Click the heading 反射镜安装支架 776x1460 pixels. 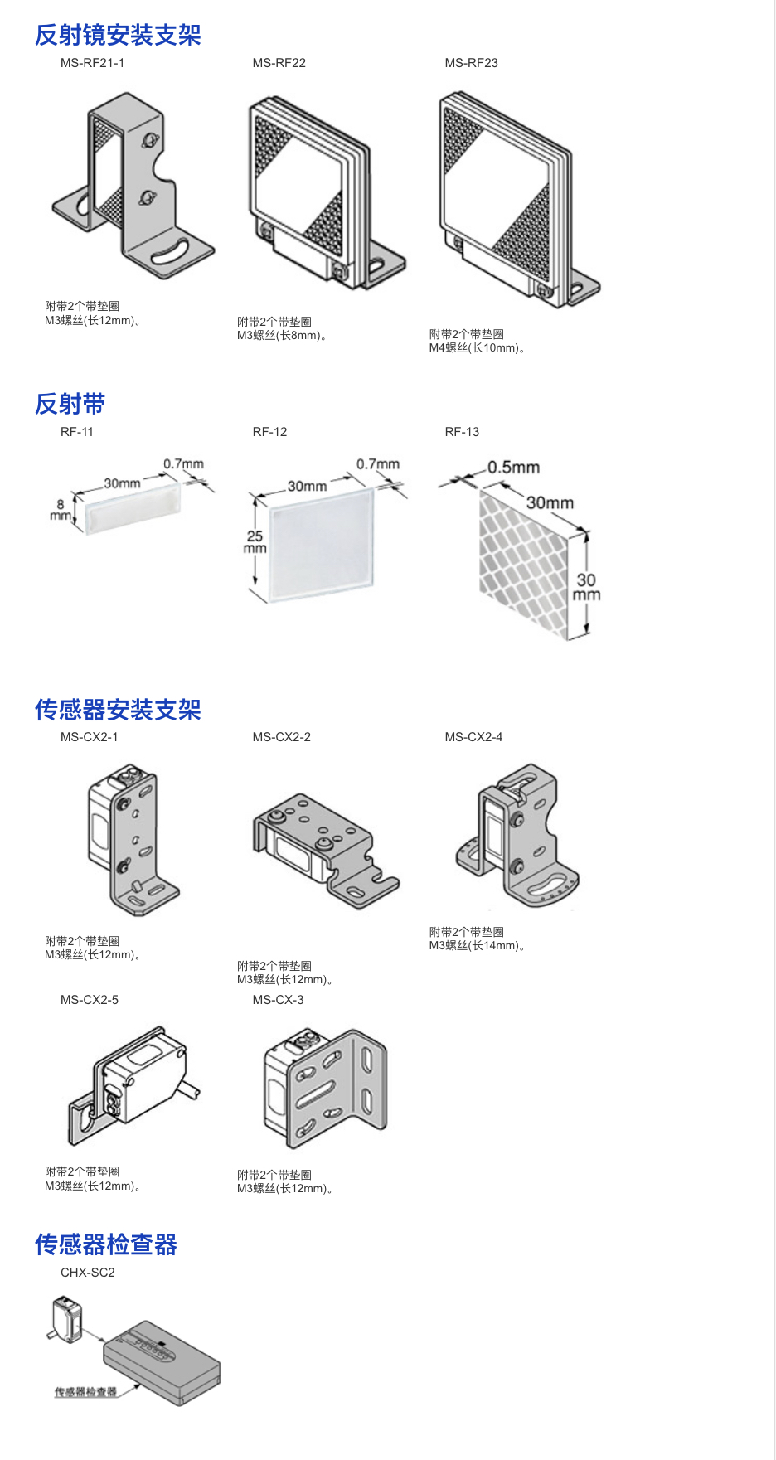(118, 35)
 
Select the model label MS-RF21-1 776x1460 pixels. (92, 63)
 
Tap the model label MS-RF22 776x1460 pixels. (279, 63)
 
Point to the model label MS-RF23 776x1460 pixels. (471, 63)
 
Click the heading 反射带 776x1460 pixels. (70, 404)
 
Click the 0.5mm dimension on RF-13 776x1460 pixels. (513, 468)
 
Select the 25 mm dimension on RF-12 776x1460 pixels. (255, 541)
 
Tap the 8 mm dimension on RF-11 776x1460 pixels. (60, 509)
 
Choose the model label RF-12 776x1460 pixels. (269, 432)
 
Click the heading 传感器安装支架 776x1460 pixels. (118, 710)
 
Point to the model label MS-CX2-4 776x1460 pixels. (473, 737)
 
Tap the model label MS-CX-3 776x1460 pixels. (278, 1000)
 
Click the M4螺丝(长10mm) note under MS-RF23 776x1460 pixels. (478, 348)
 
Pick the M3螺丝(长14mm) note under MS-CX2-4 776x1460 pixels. (478, 946)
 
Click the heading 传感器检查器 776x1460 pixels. (106, 1244)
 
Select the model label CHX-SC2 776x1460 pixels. (87, 1273)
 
